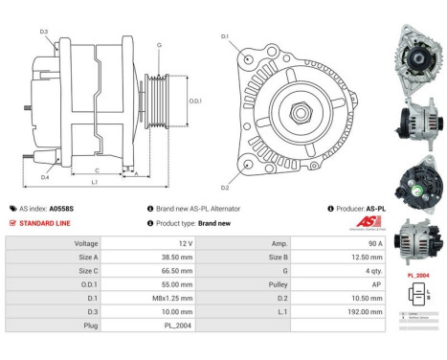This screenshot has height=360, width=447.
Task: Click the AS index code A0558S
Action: (x=61, y=208)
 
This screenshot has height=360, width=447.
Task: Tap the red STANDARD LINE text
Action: (x=46, y=222)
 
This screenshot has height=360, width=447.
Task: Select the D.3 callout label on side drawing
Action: (x=44, y=32)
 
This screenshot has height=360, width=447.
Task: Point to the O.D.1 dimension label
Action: (x=194, y=101)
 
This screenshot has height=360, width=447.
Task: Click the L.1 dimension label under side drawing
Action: (x=93, y=183)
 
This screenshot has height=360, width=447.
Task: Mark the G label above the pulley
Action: (x=159, y=46)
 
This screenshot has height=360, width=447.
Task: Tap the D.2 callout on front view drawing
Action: (x=225, y=188)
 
